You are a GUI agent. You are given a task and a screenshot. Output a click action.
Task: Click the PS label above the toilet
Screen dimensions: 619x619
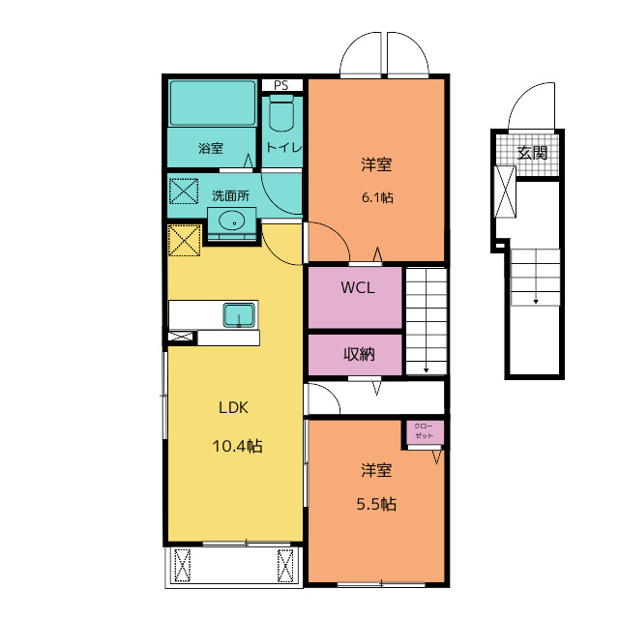(281, 85)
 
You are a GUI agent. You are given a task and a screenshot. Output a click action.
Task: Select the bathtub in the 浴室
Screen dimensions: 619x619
(213, 103)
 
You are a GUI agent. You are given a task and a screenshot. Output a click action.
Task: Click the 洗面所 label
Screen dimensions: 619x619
(230, 195)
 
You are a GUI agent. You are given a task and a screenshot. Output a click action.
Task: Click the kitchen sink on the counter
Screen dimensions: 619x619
(239, 314)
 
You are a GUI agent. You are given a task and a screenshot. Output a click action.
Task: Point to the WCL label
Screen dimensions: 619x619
(358, 287)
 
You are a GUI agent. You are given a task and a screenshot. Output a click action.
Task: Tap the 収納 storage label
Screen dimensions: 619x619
(359, 354)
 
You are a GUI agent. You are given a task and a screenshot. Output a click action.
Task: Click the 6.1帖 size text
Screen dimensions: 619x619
(377, 197)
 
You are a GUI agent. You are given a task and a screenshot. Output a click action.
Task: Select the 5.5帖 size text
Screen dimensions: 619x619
(376, 504)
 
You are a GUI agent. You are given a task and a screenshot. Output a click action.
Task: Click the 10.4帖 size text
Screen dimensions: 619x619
(237, 446)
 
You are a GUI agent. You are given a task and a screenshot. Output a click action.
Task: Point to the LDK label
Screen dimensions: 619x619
(234, 407)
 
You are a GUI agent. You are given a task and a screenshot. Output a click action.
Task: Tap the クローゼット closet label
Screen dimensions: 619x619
(424, 430)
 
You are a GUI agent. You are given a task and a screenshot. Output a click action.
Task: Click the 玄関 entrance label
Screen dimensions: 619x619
(532, 153)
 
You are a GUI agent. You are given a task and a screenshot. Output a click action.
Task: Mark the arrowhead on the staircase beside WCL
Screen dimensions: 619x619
(427, 370)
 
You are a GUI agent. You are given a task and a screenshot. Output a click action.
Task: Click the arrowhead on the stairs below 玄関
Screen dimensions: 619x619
(536, 302)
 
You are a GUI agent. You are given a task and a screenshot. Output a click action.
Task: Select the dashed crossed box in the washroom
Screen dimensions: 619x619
(184, 192)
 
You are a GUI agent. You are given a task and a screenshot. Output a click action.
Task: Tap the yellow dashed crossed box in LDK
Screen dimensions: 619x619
(185, 241)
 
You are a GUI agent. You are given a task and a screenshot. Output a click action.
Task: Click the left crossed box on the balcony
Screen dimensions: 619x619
(183, 565)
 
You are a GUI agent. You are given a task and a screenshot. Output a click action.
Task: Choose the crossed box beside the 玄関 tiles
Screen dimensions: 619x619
(505, 192)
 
